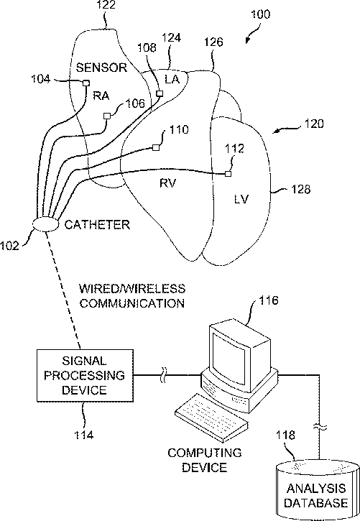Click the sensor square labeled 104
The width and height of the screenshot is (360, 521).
86,83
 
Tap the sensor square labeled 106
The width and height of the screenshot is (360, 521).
107,116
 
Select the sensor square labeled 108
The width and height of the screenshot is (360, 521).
160,93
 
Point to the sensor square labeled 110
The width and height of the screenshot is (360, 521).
155,147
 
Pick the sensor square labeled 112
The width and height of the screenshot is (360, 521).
228,173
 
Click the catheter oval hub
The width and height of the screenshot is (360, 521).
45,224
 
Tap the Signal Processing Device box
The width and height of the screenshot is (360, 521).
85,375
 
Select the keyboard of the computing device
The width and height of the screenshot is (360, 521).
211,418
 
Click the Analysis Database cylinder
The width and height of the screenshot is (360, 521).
318,491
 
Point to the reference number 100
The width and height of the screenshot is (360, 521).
261,14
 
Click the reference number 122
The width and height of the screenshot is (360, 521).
106,4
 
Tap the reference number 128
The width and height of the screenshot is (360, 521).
301,189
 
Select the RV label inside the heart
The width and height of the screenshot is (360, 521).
167,183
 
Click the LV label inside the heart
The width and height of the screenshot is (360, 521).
241,199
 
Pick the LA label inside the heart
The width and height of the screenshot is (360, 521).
172,79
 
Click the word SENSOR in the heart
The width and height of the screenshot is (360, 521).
101,68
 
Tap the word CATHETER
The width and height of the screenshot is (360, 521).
97,225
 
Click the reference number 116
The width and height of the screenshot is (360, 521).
268,300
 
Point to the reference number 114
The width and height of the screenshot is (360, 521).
83,435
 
